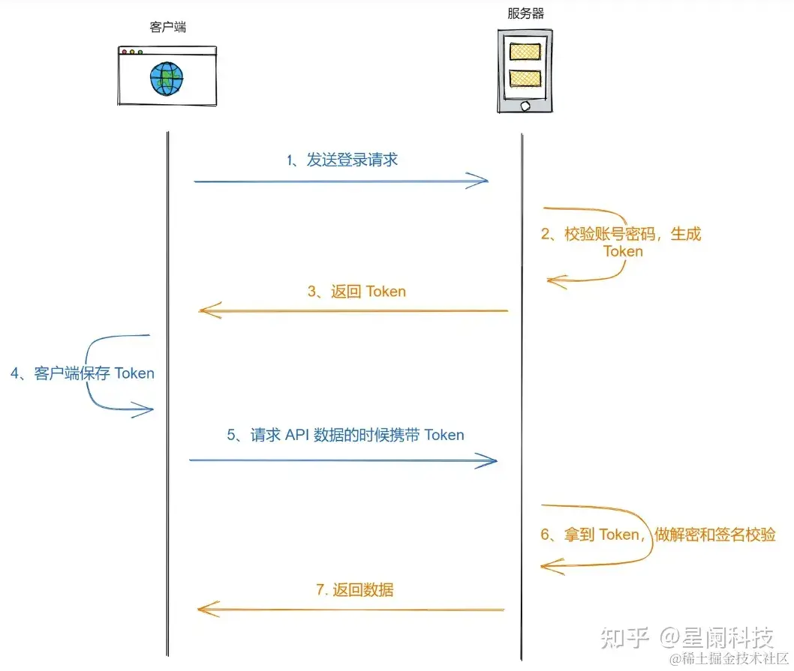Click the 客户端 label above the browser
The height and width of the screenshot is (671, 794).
pyautogui.click(x=168, y=28)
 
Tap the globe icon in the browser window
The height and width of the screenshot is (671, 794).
pyautogui.click(x=167, y=79)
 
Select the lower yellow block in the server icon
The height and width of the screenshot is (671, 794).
pyautogui.click(x=525, y=78)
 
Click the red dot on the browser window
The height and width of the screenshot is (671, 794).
pyautogui.click(x=125, y=52)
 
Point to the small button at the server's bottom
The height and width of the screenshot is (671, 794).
pyautogui.click(x=525, y=104)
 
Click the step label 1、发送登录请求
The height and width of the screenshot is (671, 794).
pyautogui.click(x=342, y=160)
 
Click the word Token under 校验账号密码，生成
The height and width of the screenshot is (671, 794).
pyautogui.click(x=623, y=251)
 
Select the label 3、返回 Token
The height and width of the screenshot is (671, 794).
pyautogui.click(x=356, y=292)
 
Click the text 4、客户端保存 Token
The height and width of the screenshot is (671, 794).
pyautogui.click(x=83, y=373)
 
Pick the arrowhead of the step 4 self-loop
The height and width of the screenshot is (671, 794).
pyautogui.click(x=147, y=409)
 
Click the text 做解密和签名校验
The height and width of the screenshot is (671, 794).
pyautogui.click(x=715, y=535)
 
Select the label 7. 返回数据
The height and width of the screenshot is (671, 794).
pyautogui.click(x=354, y=589)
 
